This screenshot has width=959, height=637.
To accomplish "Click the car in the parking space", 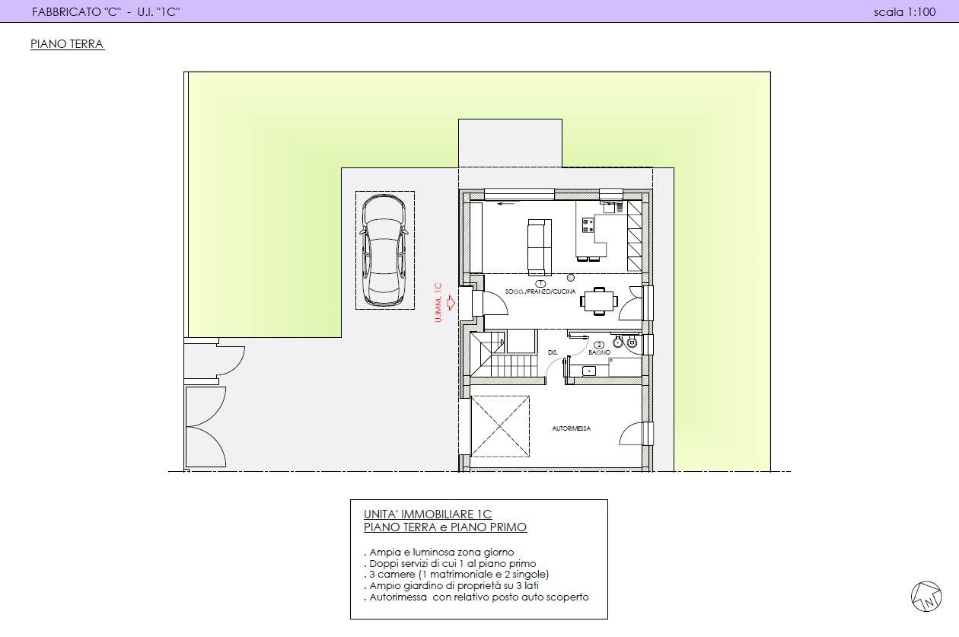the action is pos(384,250).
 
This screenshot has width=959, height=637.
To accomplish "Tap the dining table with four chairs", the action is pos(599,301).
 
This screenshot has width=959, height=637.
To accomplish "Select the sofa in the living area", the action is pos(540,247).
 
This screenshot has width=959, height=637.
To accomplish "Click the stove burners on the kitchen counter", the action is pos(588,225).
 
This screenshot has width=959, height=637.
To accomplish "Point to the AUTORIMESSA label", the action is pos(571,428).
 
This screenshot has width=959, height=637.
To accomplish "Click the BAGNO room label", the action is pos(599,352).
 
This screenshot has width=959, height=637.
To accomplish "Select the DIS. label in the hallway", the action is pos(553,353).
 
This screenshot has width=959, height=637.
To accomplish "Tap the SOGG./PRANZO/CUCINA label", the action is pos(540,291).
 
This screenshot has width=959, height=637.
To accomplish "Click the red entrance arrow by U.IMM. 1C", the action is pos(451,303).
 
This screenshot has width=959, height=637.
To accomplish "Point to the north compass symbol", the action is pos(926,597).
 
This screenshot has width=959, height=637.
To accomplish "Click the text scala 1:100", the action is pos(905,12).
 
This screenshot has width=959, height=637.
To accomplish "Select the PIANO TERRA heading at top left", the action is pos(67,44).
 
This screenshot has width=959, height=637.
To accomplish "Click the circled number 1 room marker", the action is pos(540,283).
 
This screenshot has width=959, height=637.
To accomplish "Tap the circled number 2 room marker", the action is pos(599,345).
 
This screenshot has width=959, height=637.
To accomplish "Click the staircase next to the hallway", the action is pos(503,355).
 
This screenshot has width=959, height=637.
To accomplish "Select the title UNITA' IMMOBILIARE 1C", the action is pos(428,514).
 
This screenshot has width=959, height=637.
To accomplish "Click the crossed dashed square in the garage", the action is pos(500,426).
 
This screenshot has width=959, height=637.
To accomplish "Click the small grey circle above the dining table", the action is pos(570,278).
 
